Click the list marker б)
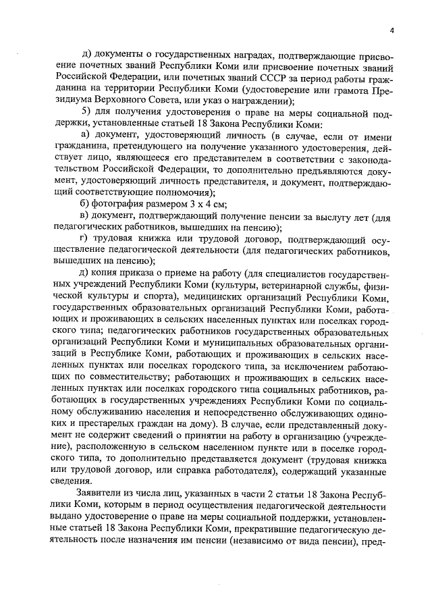(86, 205)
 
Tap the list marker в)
(86, 216)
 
